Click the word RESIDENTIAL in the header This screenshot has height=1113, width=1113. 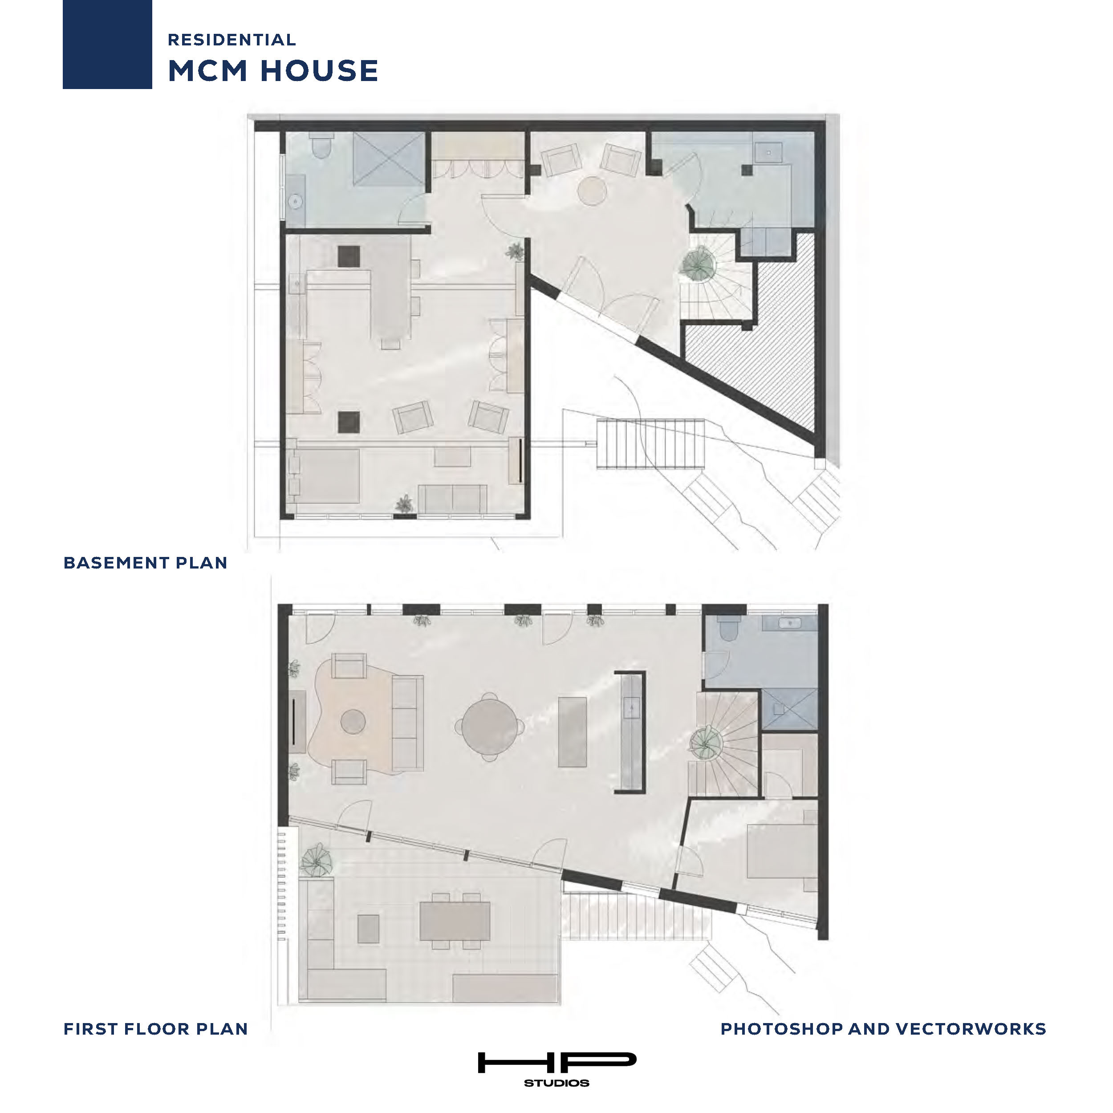click(232, 40)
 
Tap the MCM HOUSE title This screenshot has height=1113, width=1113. click(273, 71)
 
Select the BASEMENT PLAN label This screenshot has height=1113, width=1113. click(146, 563)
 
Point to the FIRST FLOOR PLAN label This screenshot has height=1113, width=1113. click(155, 1029)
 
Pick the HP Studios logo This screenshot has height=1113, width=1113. click(557, 1068)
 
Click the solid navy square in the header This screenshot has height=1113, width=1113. click(107, 45)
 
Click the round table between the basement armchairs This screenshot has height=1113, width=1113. click(592, 191)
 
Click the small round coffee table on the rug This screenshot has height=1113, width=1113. click(353, 721)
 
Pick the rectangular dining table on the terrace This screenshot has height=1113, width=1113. click(455, 921)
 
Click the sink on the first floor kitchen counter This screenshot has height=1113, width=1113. click(632, 706)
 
